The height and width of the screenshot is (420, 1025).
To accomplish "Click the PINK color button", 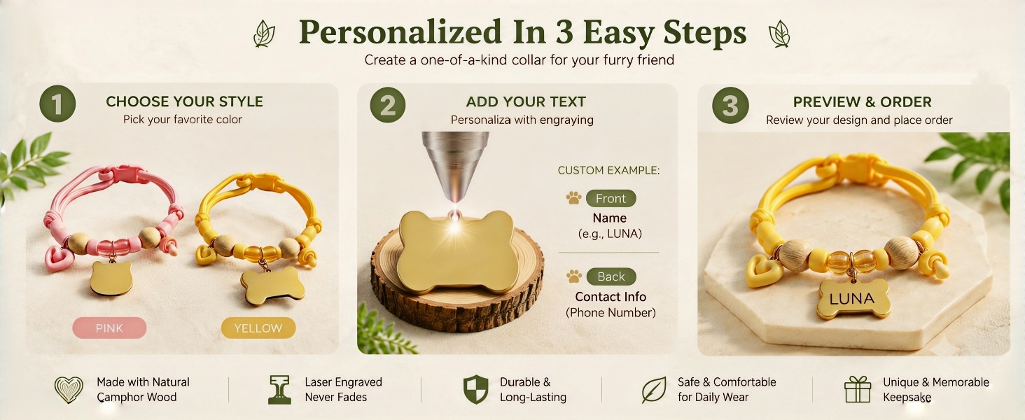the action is (109, 328).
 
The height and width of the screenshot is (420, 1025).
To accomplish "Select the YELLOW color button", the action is (258, 328).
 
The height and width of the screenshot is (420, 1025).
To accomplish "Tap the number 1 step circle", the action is (57, 104).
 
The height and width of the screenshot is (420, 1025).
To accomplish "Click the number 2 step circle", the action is (388, 105).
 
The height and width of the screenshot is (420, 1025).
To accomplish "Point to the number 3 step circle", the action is (730, 105).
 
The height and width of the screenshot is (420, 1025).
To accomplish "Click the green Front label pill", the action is (611, 199).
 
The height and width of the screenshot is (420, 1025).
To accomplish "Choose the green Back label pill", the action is (611, 276).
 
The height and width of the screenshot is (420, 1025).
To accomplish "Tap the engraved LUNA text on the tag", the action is (851, 299).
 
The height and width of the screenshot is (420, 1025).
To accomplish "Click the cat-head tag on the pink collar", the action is (111, 277).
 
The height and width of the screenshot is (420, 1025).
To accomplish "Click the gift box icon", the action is (858, 389).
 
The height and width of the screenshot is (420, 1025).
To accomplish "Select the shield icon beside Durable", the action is (476, 389).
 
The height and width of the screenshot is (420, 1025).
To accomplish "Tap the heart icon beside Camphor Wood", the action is (69, 390).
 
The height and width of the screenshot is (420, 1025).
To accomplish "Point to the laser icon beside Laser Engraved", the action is (279, 390).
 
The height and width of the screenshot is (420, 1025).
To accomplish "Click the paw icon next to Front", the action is (573, 197).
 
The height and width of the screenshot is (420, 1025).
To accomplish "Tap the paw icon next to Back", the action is (574, 276).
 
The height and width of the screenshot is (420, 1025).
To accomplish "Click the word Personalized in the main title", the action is (400, 32).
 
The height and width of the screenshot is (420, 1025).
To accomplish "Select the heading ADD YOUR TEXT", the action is (526, 101).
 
